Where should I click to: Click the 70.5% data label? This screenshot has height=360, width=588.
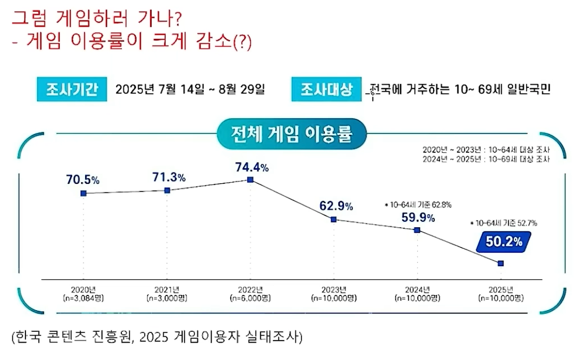tap(83, 179)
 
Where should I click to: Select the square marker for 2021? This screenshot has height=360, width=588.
tap(167, 190)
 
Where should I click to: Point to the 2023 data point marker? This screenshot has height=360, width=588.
tap(334, 219)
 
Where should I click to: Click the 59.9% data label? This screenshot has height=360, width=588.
tap(417, 217)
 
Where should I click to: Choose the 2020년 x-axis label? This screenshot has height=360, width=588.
tap(83, 288)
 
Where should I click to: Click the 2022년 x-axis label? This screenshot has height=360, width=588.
tap(250, 288)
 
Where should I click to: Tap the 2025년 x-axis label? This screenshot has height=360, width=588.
tap(501, 288)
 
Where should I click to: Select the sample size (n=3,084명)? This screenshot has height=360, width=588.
tap(83, 298)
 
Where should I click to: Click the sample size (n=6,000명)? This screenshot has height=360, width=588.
tap(250, 298)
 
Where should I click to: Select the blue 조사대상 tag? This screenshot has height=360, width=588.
tap(326, 89)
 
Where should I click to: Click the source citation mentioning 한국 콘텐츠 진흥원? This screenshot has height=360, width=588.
tap(157, 337)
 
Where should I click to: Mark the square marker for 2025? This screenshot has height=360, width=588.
tap(501, 263)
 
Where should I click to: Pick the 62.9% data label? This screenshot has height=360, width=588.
tap(336, 206)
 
